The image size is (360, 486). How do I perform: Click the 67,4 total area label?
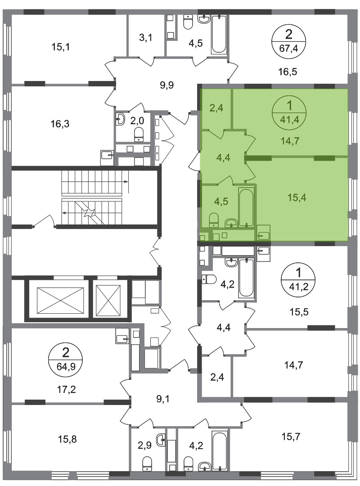coord(289,48)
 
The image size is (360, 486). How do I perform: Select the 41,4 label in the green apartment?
coord(290,119)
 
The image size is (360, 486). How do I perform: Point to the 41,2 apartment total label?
coord(298,286)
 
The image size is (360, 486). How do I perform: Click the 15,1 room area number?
coord(60,47)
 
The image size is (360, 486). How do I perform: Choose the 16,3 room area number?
coord(60,124)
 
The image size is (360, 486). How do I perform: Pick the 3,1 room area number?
coord(145,38)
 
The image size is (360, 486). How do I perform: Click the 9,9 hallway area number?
coord(167,85)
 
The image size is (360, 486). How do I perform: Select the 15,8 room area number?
coord(67,439)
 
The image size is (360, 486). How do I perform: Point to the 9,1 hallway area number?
coord(163,399)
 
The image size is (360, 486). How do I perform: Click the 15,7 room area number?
coord(291,436)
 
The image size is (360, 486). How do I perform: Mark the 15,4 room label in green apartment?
coord(297,198)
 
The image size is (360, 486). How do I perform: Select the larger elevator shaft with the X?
coord(60,300)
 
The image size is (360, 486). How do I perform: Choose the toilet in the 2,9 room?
coord(147,465)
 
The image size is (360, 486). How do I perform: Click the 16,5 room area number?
coord(288,72)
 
